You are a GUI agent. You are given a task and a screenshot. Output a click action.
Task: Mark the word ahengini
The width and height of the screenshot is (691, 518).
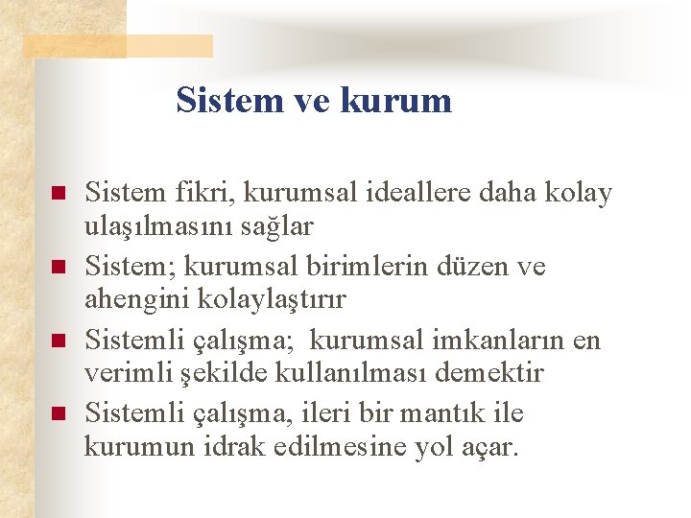pos(136,299)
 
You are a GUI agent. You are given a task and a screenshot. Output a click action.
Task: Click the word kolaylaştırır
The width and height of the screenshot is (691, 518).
pos(272,299)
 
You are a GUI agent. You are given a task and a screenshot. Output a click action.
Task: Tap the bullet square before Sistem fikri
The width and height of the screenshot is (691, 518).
pos(58,194)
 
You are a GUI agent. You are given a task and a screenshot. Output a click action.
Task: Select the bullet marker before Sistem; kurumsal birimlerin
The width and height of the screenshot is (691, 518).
pos(58,267)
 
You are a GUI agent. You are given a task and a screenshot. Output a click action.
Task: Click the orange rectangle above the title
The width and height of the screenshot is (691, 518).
pos(117,45)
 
